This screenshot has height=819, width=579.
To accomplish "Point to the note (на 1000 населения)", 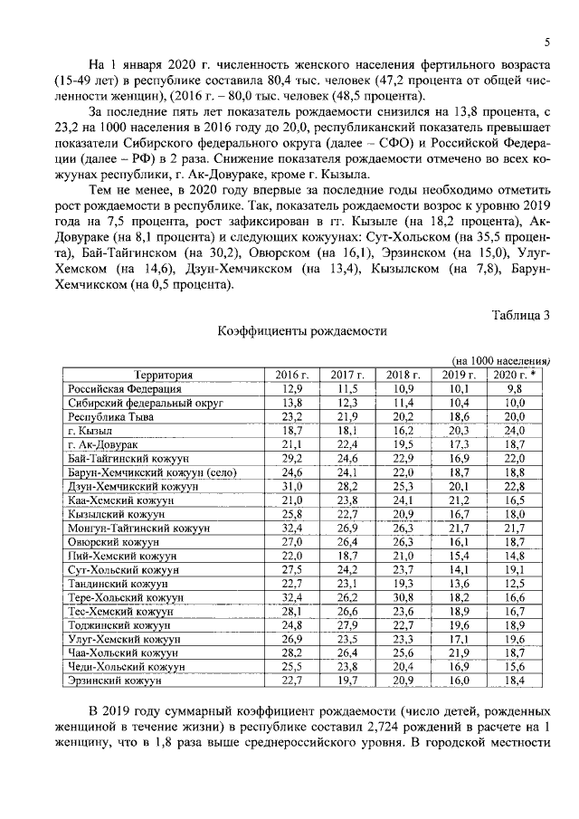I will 500,360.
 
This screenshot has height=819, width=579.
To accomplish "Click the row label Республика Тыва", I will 111,417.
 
